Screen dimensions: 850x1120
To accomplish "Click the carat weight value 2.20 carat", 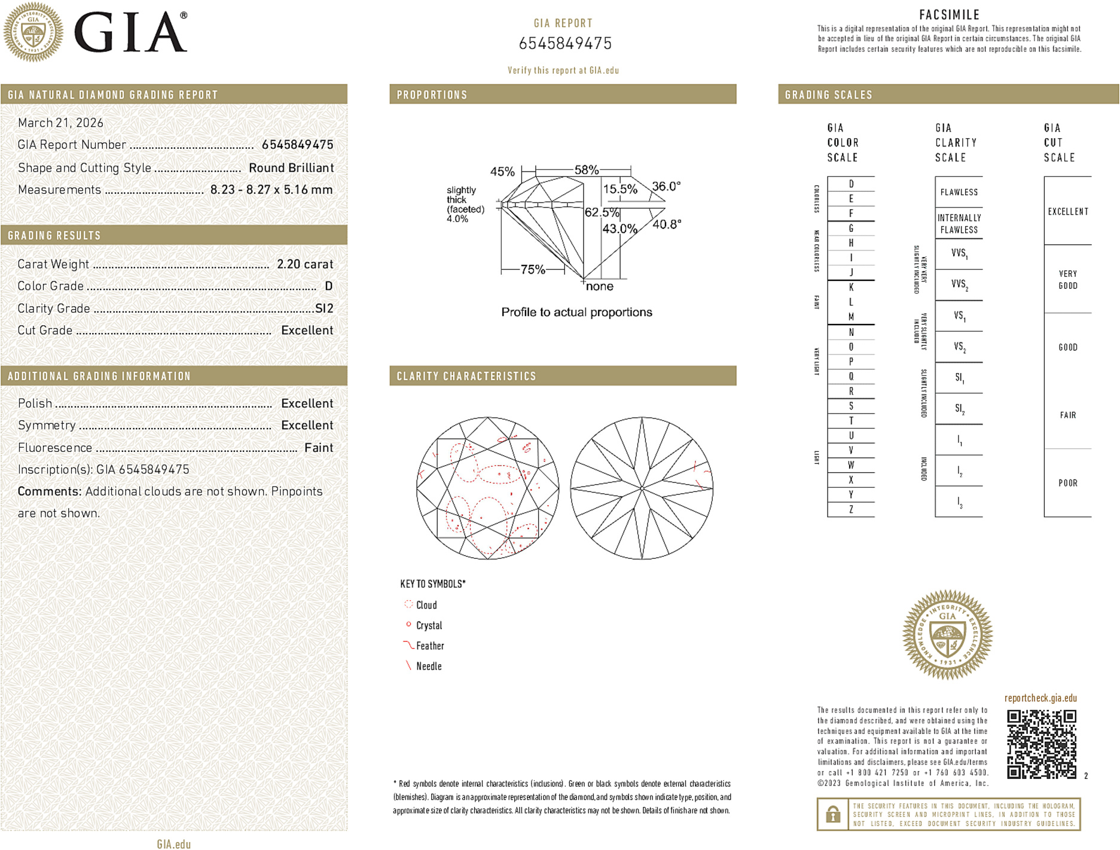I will [x=304, y=264].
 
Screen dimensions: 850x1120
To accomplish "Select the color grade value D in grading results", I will [x=328, y=286].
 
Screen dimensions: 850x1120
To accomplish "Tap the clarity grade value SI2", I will [x=324, y=308].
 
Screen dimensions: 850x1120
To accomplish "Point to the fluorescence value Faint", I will [x=318, y=448].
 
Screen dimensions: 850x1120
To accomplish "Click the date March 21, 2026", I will [x=60, y=123].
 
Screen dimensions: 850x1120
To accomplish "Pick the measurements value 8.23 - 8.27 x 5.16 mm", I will [x=271, y=189].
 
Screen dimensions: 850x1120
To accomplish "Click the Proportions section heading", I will [x=432, y=95].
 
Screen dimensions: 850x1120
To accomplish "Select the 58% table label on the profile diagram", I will [x=586, y=170].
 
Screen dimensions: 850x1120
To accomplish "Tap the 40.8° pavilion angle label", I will [x=666, y=224].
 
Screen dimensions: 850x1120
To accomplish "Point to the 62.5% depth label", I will [x=602, y=212].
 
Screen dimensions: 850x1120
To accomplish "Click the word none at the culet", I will [x=599, y=286].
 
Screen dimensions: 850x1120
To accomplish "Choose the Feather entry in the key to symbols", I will [x=430, y=646].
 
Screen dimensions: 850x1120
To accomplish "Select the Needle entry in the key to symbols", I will [x=429, y=666].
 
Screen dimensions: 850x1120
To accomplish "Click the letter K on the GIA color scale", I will [x=851, y=288].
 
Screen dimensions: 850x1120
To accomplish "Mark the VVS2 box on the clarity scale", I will [x=959, y=285].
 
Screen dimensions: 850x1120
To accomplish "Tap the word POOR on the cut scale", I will [x=1067, y=483].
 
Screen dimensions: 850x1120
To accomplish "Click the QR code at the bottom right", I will [x=1041, y=744].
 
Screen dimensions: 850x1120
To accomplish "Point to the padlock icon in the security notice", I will [x=832, y=814].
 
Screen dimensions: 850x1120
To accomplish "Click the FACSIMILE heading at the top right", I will [x=949, y=15].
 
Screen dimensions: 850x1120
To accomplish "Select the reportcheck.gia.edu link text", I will [x=1040, y=698].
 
